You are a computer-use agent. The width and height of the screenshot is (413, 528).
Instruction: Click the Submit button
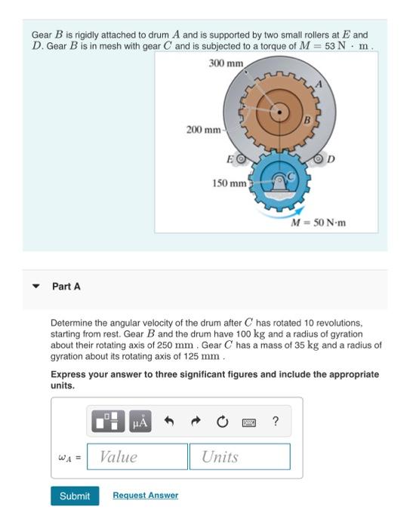(75, 496)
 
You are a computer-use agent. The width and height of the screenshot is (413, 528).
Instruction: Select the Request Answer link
(145, 496)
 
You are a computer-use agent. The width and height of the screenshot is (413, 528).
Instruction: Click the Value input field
(137, 456)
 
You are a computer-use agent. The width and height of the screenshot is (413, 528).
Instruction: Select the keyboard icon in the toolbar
(248, 422)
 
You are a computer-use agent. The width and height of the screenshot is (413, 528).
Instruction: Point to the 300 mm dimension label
(226, 63)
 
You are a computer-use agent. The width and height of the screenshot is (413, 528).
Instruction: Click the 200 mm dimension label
(203, 130)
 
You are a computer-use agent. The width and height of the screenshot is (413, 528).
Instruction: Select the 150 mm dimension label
(228, 183)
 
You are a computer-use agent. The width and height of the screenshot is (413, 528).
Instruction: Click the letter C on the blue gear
(287, 173)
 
